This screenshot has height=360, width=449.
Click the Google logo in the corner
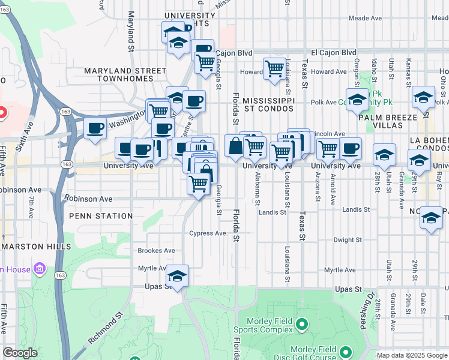[20, 353]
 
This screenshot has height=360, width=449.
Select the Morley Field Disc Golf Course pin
[345, 352]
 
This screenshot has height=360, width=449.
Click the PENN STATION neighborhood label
[101, 216]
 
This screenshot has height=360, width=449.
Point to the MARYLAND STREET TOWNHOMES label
[125, 75]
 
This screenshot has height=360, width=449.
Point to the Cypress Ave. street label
[209, 233]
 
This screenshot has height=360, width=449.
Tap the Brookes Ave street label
[156, 251]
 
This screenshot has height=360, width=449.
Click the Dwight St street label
[348, 240]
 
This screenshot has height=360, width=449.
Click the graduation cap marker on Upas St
[177, 276]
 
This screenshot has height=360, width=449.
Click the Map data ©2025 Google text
[412, 355]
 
